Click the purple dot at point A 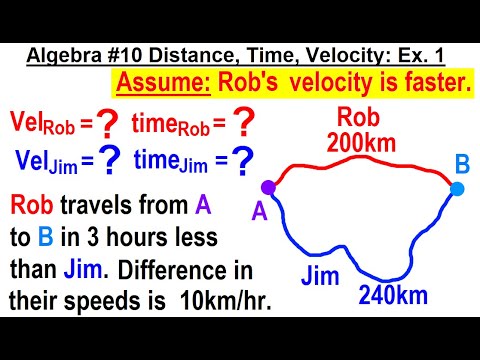tap(268, 186)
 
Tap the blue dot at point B tap(457, 188)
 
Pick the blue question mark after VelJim tap(110, 161)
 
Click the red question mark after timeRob tap(243, 125)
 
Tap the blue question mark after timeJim tap(243, 161)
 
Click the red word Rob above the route tap(358, 115)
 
